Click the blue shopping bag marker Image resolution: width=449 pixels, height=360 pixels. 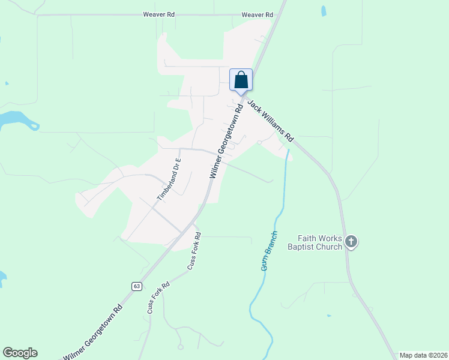241,80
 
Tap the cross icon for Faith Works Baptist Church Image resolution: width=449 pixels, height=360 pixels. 351,242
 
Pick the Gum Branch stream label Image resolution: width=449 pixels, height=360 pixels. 269,251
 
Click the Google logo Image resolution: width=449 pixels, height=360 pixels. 20,353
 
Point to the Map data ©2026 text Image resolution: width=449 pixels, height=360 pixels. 423,355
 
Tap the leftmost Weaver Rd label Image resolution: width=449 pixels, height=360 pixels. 158,14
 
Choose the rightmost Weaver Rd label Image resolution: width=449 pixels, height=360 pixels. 257,14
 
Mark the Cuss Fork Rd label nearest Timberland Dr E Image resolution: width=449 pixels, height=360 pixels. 194,251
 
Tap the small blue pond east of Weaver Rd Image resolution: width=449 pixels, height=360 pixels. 324,11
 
